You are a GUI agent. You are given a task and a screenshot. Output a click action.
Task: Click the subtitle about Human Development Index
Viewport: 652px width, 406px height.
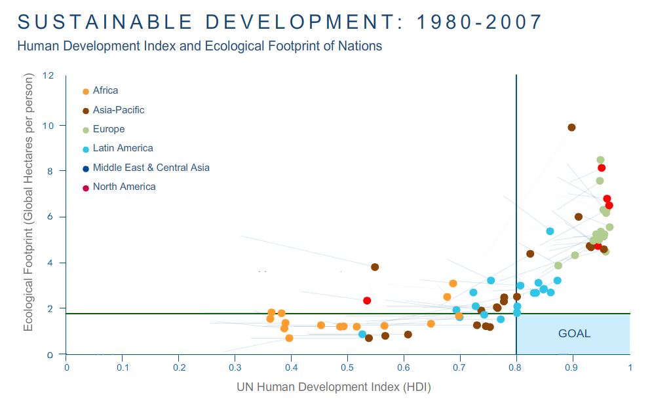point(199,46)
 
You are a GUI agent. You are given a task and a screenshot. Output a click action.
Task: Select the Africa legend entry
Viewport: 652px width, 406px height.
point(105,91)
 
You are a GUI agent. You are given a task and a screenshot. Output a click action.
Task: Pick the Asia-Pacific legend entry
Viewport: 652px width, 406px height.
point(118,110)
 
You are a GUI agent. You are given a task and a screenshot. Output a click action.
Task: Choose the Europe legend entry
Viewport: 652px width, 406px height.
point(108,129)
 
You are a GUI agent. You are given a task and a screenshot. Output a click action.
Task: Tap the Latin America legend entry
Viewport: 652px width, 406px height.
point(123,149)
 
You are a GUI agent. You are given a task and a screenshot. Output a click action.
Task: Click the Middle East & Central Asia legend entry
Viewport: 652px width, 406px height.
point(151,168)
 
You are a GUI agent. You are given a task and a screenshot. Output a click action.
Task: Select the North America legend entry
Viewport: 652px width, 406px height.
point(124,187)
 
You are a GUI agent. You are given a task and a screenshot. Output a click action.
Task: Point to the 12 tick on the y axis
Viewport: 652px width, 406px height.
point(48,75)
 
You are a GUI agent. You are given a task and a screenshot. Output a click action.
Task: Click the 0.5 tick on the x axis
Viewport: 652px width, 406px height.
point(347,367)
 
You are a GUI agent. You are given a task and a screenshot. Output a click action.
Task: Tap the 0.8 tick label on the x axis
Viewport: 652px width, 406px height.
point(516,367)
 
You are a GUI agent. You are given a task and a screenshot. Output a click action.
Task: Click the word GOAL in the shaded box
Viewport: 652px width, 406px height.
point(574,333)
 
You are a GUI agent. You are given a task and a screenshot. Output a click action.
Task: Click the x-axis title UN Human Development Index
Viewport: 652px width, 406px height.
point(334,387)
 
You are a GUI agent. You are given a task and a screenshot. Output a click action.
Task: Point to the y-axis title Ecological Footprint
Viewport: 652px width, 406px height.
point(29,203)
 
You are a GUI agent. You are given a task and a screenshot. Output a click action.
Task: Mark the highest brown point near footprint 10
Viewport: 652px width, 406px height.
point(571,128)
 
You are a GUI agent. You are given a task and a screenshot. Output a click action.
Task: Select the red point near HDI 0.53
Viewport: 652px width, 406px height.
point(367,301)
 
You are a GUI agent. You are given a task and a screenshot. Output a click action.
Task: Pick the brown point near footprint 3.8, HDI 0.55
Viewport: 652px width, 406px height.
point(375,267)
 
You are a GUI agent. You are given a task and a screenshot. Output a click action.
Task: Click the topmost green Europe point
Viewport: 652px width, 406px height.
point(600,160)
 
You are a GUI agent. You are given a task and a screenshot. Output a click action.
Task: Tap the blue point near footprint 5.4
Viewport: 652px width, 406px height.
point(550,231)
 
